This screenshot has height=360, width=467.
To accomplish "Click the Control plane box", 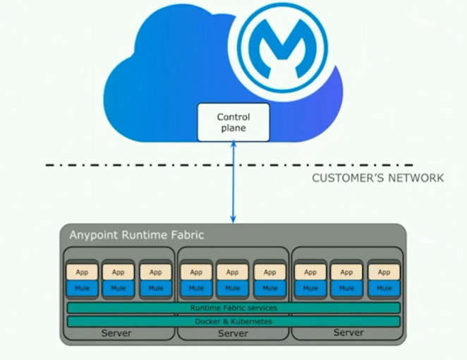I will click(233, 122).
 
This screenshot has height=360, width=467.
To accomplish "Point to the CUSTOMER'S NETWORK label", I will click(378, 178).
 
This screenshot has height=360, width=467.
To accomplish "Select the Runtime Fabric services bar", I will click(233, 308).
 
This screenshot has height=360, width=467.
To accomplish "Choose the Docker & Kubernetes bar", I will click(233, 321).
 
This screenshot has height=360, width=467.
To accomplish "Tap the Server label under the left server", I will click(116, 332).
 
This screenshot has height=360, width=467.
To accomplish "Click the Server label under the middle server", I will click(233, 332).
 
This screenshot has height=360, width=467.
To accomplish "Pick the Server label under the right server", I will click(348, 332).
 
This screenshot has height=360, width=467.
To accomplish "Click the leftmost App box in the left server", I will click(81, 272).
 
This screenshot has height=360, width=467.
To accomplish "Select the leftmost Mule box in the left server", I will click(81, 288).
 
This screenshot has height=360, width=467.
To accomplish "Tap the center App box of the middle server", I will click(232, 272).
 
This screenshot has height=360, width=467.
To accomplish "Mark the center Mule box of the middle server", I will click(232, 288).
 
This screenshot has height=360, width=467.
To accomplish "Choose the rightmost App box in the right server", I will click(384, 272).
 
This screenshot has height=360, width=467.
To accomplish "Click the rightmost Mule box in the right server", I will click(384, 288).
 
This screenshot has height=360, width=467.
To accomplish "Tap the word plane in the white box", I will click(233, 128).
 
